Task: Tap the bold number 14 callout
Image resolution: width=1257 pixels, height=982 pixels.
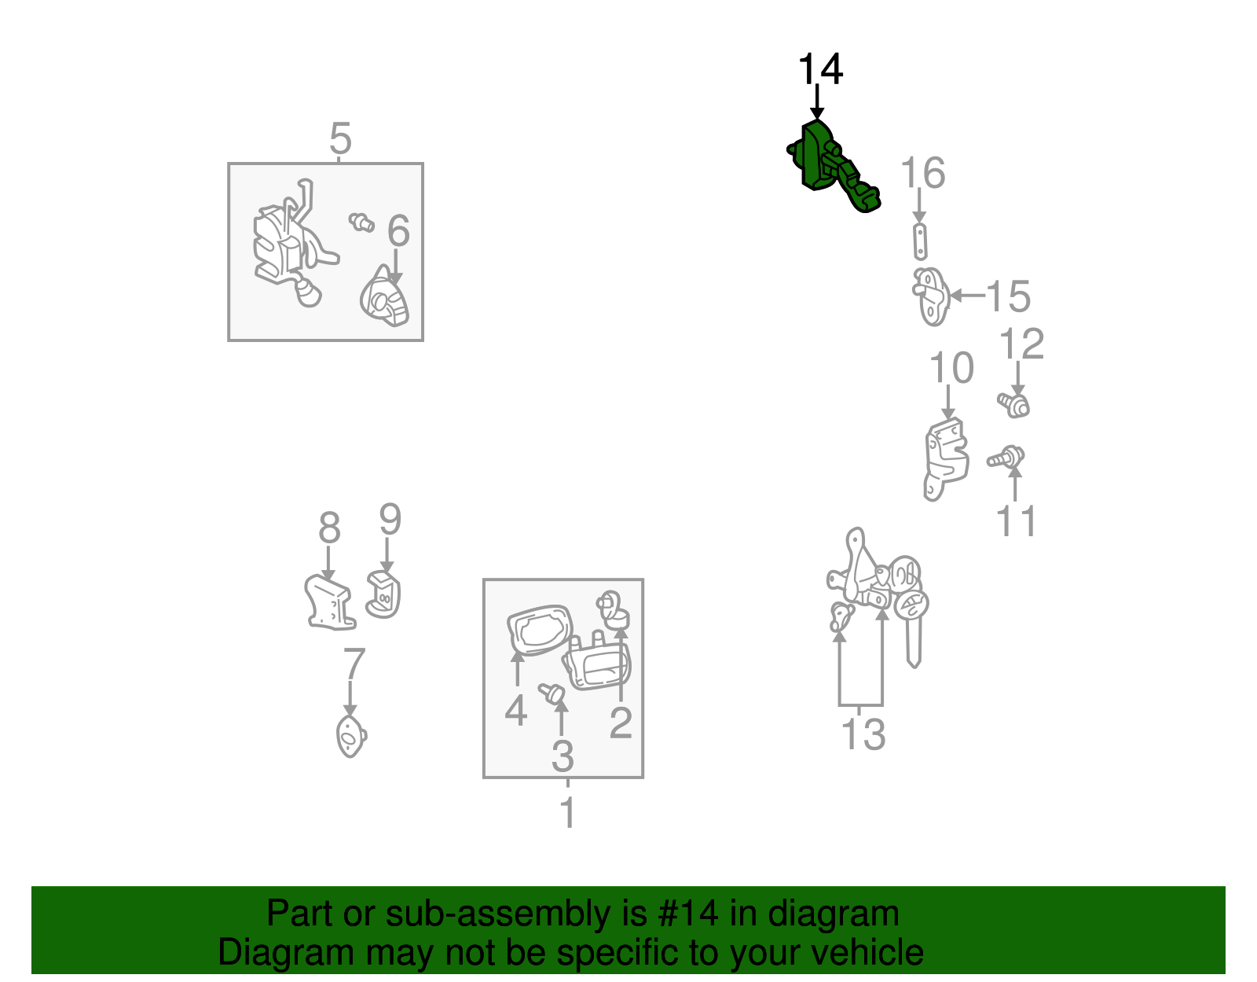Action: pos(819,69)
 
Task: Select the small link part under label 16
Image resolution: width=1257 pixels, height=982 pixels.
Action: pos(920,241)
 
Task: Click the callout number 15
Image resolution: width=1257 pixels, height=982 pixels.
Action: pos(1008,296)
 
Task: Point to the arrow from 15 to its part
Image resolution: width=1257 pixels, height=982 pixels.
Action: pos(968,295)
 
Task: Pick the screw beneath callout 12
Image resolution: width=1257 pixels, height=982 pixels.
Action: pos(1013,404)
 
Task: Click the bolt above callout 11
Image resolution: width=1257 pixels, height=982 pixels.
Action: pos(1006,457)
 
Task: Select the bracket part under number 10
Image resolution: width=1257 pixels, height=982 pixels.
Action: pos(945,459)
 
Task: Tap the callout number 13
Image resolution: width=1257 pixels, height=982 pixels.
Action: pos(863,734)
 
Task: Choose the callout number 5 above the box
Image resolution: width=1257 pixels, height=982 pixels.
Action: pos(340,138)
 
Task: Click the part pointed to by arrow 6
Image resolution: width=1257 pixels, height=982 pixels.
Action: pos(385,297)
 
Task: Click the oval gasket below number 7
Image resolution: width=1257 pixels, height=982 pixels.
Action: pos(351,736)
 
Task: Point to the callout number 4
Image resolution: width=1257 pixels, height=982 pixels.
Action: pos(516,710)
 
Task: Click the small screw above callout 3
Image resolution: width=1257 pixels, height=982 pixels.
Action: pos(552,693)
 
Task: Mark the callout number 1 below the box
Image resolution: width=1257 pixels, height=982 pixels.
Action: pos(568,812)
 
